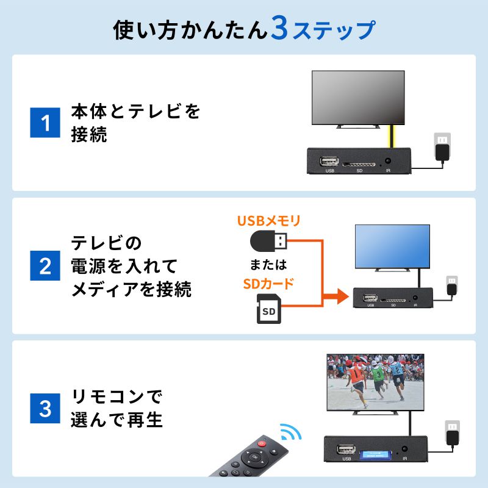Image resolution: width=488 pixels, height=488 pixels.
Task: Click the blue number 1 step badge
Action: pos(45,123)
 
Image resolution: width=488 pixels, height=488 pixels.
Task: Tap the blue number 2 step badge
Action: pos(45,267)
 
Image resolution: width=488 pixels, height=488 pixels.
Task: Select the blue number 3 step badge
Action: pos(45,409)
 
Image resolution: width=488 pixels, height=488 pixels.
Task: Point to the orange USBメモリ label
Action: pos(268,220)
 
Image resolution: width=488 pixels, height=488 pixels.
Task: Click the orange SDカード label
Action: pos(268,284)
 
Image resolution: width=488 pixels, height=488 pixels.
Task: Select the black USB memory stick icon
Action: pos(268,242)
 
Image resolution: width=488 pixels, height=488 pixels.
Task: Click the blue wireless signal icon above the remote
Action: pos(292,434)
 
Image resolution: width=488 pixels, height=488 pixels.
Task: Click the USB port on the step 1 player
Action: pos(330,162)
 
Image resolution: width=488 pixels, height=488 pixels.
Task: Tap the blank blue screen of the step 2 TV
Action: pos(392,245)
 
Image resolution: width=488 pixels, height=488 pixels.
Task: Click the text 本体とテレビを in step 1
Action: pos(135,112)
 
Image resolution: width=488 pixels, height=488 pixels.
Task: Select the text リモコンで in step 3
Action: pos(118,398)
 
